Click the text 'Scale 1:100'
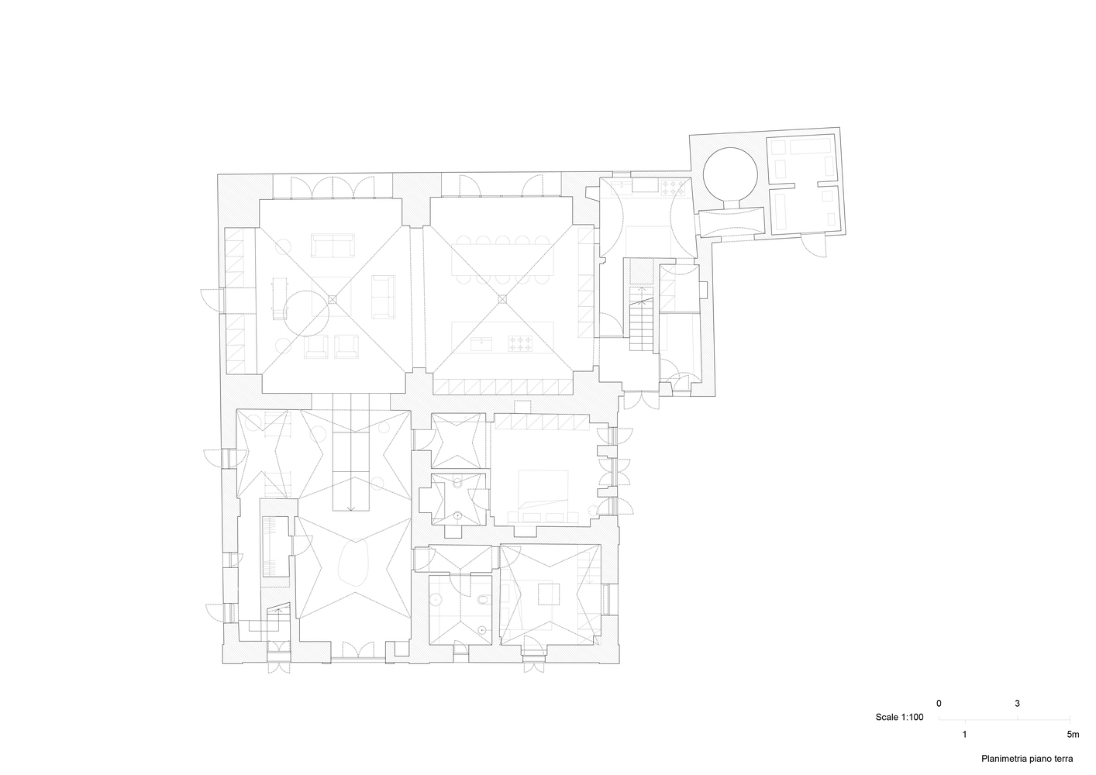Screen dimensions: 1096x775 tap(899, 718)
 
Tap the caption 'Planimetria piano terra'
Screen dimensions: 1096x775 tap(1027, 759)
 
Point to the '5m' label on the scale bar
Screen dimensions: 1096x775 tap(1073, 735)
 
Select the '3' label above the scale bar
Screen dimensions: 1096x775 tap(1017, 704)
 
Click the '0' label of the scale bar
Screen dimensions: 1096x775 tap(939, 704)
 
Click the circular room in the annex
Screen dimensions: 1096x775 tap(730, 174)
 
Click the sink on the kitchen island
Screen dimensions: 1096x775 tap(482, 344)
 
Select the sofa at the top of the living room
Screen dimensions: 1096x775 tap(333, 246)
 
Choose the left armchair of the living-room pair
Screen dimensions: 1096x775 tap(316, 346)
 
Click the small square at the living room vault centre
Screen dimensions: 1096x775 tap(333, 299)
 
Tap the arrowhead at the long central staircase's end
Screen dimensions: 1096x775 tap(351, 509)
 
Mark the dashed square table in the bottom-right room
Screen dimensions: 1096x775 tap(549, 594)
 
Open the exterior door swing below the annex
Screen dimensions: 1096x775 tap(814, 246)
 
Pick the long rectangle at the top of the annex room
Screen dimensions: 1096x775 tap(812, 146)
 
